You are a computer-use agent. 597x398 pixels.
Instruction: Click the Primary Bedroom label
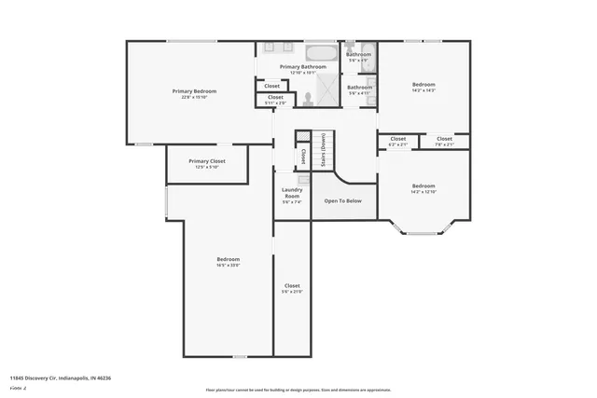[194, 90]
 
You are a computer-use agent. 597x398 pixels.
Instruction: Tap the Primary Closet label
[206, 161]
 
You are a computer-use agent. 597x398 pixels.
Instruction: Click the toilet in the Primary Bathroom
[307, 97]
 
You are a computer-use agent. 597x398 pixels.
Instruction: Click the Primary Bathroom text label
[304, 67]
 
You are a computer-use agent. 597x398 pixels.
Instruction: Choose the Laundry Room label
[292, 193]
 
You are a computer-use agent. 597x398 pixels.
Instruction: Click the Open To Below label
[342, 200]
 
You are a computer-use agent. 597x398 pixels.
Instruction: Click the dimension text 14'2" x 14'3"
[423, 90]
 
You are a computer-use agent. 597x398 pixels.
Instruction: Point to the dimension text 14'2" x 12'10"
[423, 191]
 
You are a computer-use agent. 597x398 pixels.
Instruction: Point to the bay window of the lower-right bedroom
[423, 229]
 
